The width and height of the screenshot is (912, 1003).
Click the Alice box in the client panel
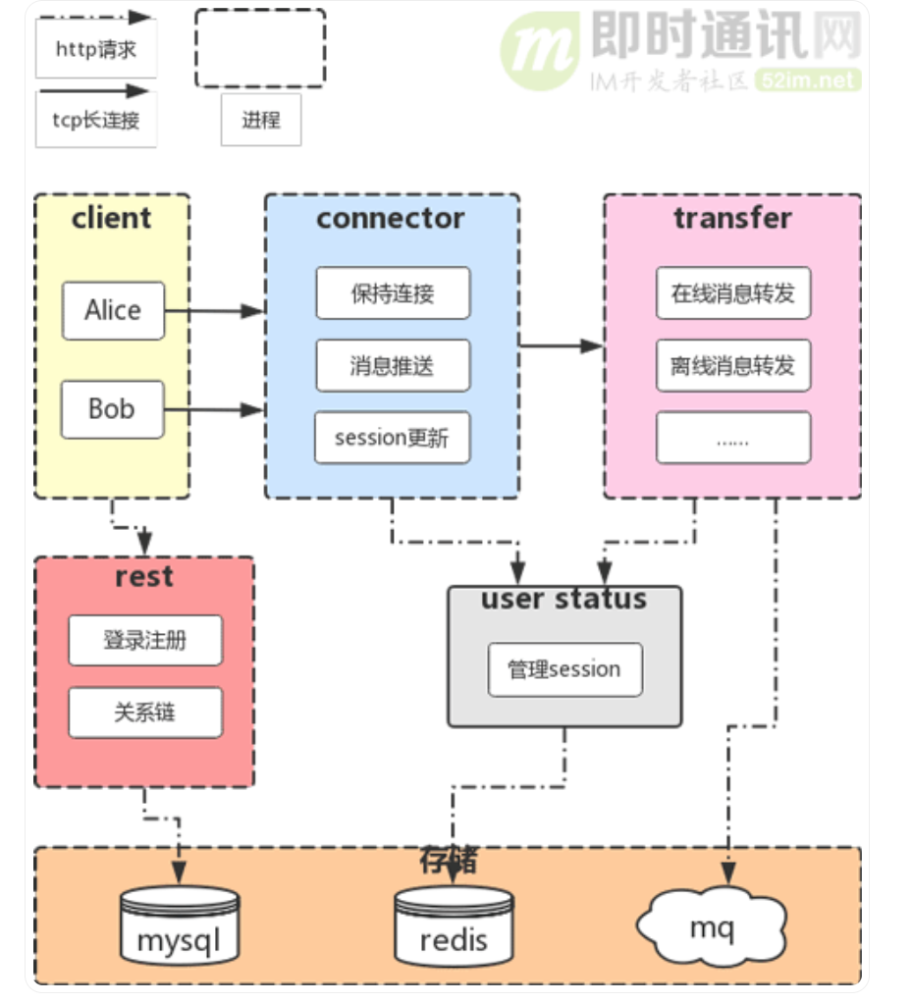pyautogui.click(x=113, y=311)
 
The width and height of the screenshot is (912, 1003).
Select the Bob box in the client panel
pyautogui.click(x=113, y=409)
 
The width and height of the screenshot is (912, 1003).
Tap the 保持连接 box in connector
pyautogui.click(x=393, y=293)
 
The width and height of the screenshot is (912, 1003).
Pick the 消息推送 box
pyautogui.click(x=393, y=365)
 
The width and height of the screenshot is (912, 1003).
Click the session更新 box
pyautogui.click(x=392, y=438)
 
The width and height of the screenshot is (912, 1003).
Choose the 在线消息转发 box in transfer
pyautogui.click(x=732, y=293)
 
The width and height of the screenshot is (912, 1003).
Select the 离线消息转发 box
pyautogui.click(x=732, y=365)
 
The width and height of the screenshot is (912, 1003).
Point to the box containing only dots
pyautogui.click(x=732, y=438)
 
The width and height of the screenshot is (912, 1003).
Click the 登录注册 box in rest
pyautogui.click(x=145, y=640)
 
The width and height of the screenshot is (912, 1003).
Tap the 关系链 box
pyautogui.click(x=145, y=713)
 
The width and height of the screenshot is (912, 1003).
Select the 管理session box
pyautogui.click(x=564, y=669)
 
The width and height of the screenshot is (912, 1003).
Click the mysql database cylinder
pyautogui.click(x=180, y=924)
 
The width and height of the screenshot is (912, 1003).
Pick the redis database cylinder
pyautogui.click(x=454, y=924)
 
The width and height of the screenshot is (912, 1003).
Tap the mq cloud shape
pyautogui.click(x=712, y=926)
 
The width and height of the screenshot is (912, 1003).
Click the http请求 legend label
pyautogui.click(x=96, y=49)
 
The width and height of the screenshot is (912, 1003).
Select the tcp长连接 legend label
pyautogui.click(x=96, y=120)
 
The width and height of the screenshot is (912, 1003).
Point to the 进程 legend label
pyautogui.click(x=261, y=120)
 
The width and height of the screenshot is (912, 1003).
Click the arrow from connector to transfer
pyautogui.click(x=562, y=346)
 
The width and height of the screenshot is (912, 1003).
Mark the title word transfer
pyautogui.click(x=732, y=218)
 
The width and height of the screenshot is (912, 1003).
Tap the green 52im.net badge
pyautogui.click(x=808, y=79)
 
